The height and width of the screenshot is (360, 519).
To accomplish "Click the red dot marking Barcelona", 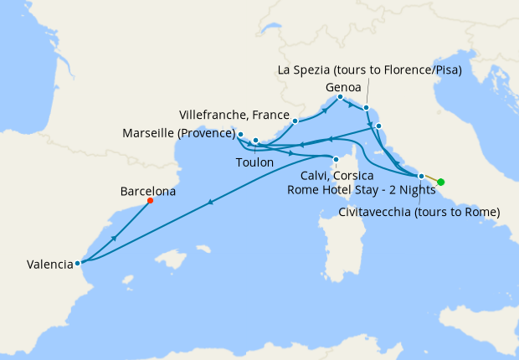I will tap(150, 201).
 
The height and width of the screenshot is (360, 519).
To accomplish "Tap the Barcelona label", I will tap(148, 191).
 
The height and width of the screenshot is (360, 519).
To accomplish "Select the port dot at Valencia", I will tap(78, 263).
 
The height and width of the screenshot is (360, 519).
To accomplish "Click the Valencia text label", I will tap(49, 265).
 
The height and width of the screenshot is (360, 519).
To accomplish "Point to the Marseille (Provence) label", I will tap(178, 133).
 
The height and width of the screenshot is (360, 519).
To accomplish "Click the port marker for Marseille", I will tap(240, 134).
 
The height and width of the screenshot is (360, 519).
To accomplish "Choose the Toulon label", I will tap(254, 162).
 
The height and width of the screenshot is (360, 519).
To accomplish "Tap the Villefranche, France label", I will tap(234, 114).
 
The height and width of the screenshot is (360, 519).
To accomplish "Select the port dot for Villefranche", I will tap(295, 121).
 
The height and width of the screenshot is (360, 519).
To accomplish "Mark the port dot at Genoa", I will tap(340, 97).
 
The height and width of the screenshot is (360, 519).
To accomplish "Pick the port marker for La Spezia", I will tap(367, 107).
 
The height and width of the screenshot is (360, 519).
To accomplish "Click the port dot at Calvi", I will tap(336, 160).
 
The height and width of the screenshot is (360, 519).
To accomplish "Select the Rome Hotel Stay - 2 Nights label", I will tap(359, 190).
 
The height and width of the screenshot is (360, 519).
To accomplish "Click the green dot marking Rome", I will tap(441, 182).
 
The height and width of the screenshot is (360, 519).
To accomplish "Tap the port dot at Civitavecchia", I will tap(421, 176).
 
